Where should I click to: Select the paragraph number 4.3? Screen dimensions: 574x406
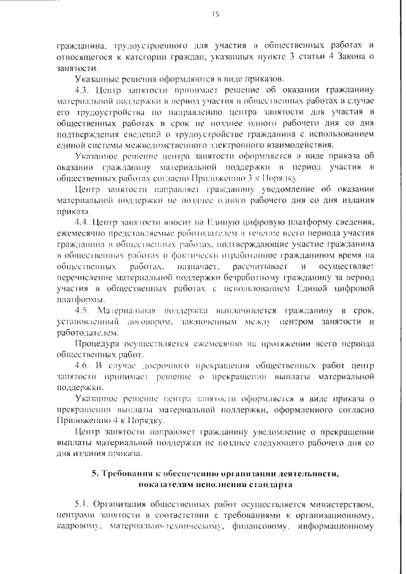[81, 89]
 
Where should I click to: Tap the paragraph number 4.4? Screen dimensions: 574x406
[81, 222]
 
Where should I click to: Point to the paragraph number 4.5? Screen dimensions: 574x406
[81, 311]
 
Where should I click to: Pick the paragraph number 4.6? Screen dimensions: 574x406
[81, 366]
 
